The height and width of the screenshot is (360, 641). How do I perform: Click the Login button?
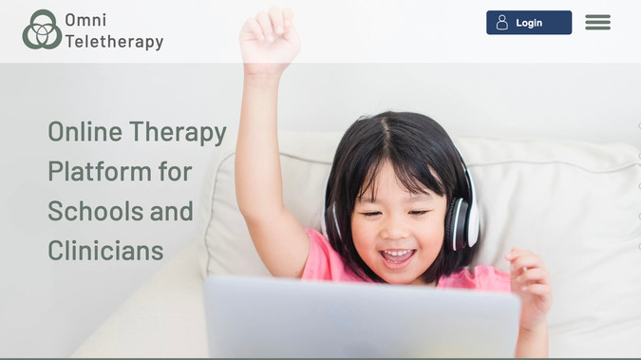click(x=529, y=23)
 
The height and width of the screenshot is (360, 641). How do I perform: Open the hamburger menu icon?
click(x=597, y=23)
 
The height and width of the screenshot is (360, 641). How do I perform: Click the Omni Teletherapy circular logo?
click(x=42, y=29)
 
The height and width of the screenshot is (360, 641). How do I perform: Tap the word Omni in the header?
click(x=85, y=19)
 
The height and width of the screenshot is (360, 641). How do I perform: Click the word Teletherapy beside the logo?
click(x=114, y=42)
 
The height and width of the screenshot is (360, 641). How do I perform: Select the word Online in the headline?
click(x=85, y=131)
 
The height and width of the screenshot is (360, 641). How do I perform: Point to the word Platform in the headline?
click(x=100, y=171)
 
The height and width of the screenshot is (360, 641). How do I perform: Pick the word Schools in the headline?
click(x=93, y=211)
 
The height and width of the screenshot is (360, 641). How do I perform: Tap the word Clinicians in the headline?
click(x=105, y=251)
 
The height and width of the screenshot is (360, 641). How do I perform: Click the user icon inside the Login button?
click(x=502, y=23)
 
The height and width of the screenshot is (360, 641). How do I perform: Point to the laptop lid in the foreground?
click(x=361, y=318)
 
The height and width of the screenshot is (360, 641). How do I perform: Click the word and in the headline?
click(x=172, y=211)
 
